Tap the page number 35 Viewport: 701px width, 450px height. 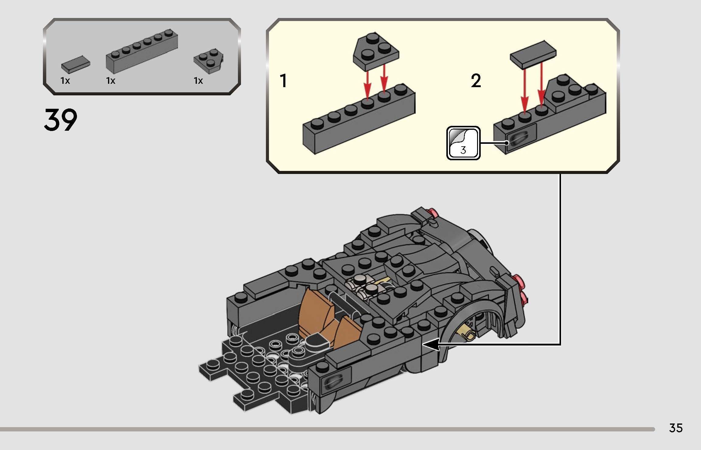pyautogui.click(x=676, y=428)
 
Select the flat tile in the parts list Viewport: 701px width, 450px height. pyautogui.click(x=75, y=64)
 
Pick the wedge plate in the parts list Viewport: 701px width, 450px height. pyautogui.click(x=208, y=61)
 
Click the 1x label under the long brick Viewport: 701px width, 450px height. pyautogui.click(x=111, y=81)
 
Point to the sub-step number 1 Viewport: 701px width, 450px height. pyautogui.click(x=284, y=81)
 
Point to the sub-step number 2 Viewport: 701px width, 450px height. pyautogui.click(x=476, y=81)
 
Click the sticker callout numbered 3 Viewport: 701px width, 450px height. pyautogui.click(x=463, y=143)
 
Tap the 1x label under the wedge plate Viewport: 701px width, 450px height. pyautogui.click(x=198, y=81)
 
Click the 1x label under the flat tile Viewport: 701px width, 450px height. pyautogui.click(x=65, y=81)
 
